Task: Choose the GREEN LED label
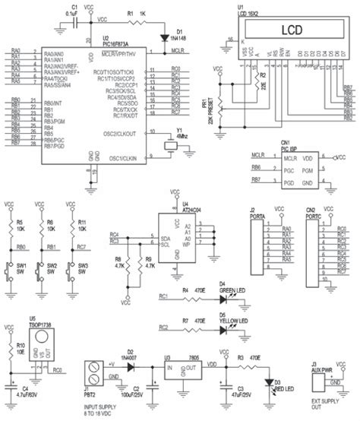pos(232,290)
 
